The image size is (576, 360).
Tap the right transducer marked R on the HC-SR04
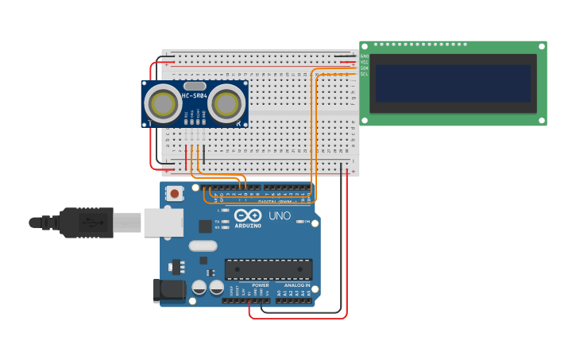[x=226, y=103]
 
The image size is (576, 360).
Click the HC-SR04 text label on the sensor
[x=195, y=96]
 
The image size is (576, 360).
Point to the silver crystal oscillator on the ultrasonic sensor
[x=195, y=85]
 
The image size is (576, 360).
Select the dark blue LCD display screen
[x=453, y=83]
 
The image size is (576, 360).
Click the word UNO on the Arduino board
[x=279, y=216]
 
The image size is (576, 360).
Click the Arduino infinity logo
[x=248, y=216]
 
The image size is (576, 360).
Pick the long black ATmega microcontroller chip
[x=268, y=269]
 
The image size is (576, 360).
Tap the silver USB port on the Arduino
[x=164, y=223]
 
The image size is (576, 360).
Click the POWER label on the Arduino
[x=261, y=285]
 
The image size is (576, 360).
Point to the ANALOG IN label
[x=297, y=285]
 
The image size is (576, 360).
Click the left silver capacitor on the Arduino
[x=199, y=287]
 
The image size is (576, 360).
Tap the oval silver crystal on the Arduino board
[x=203, y=246]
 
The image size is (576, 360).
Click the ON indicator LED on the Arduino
[x=299, y=222]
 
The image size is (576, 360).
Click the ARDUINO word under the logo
[x=248, y=226]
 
